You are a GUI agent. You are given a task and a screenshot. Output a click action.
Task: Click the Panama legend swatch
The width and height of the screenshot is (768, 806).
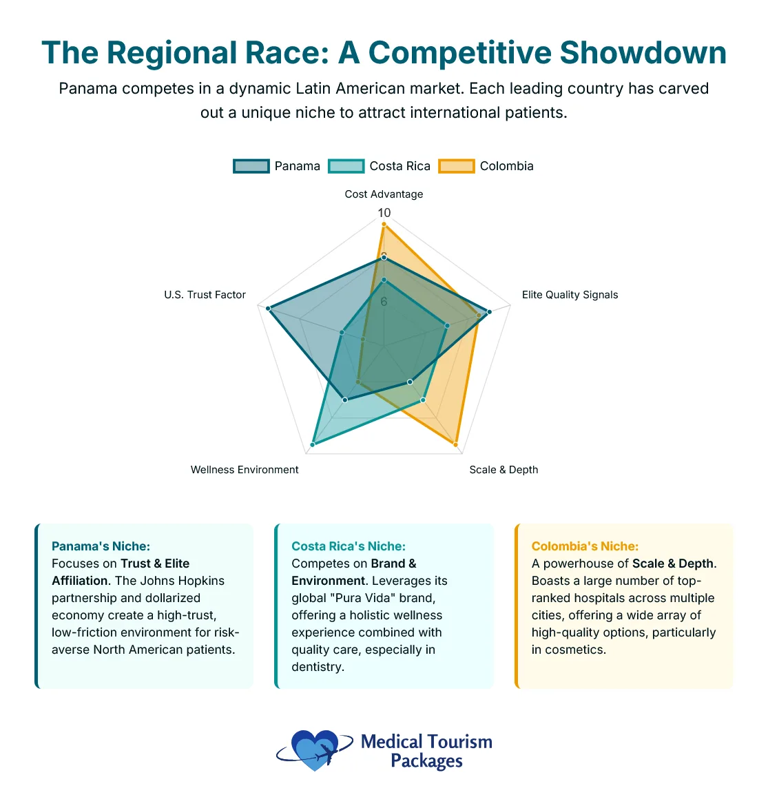(x=251, y=166)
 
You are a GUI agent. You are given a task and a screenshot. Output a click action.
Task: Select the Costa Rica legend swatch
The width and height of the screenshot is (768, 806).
(x=346, y=166)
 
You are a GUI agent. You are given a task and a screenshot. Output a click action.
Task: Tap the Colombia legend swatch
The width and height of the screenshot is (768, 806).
(x=457, y=166)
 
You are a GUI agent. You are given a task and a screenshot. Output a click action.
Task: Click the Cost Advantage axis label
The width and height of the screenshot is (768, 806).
(x=384, y=194)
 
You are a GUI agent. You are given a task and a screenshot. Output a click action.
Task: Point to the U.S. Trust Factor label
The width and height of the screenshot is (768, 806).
(x=205, y=295)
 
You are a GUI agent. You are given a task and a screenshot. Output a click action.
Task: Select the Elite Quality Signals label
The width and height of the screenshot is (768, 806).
(x=570, y=295)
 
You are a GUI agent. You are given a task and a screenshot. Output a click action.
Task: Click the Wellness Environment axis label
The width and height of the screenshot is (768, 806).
(x=245, y=470)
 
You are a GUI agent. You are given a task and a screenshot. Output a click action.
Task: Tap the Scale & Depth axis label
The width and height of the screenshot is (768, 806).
(x=504, y=470)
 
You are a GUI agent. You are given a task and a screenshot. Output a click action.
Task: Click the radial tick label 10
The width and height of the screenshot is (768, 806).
(x=384, y=213)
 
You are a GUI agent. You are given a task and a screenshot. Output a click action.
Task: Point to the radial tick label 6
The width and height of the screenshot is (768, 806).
(x=384, y=302)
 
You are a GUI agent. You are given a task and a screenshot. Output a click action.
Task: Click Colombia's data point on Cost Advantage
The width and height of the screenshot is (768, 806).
(x=384, y=225)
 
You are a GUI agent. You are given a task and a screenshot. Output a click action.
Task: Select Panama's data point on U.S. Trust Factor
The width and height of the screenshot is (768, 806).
(x=269, y=309)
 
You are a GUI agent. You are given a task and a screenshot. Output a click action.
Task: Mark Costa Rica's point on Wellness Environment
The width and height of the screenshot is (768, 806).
(x=313, y=445)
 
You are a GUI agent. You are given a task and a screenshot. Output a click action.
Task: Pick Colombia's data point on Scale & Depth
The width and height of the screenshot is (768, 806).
(x=456, y=445)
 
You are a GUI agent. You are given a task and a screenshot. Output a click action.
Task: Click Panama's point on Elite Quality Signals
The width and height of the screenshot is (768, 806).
(x=489, y=312)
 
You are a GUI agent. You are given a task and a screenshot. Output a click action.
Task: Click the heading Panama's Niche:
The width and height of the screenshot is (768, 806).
(x=101, y=546)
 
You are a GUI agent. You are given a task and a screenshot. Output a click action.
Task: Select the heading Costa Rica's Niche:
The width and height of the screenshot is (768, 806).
(x=349, y=546)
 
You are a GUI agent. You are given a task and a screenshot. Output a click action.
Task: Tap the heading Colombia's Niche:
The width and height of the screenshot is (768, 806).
(x=585, y=546)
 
